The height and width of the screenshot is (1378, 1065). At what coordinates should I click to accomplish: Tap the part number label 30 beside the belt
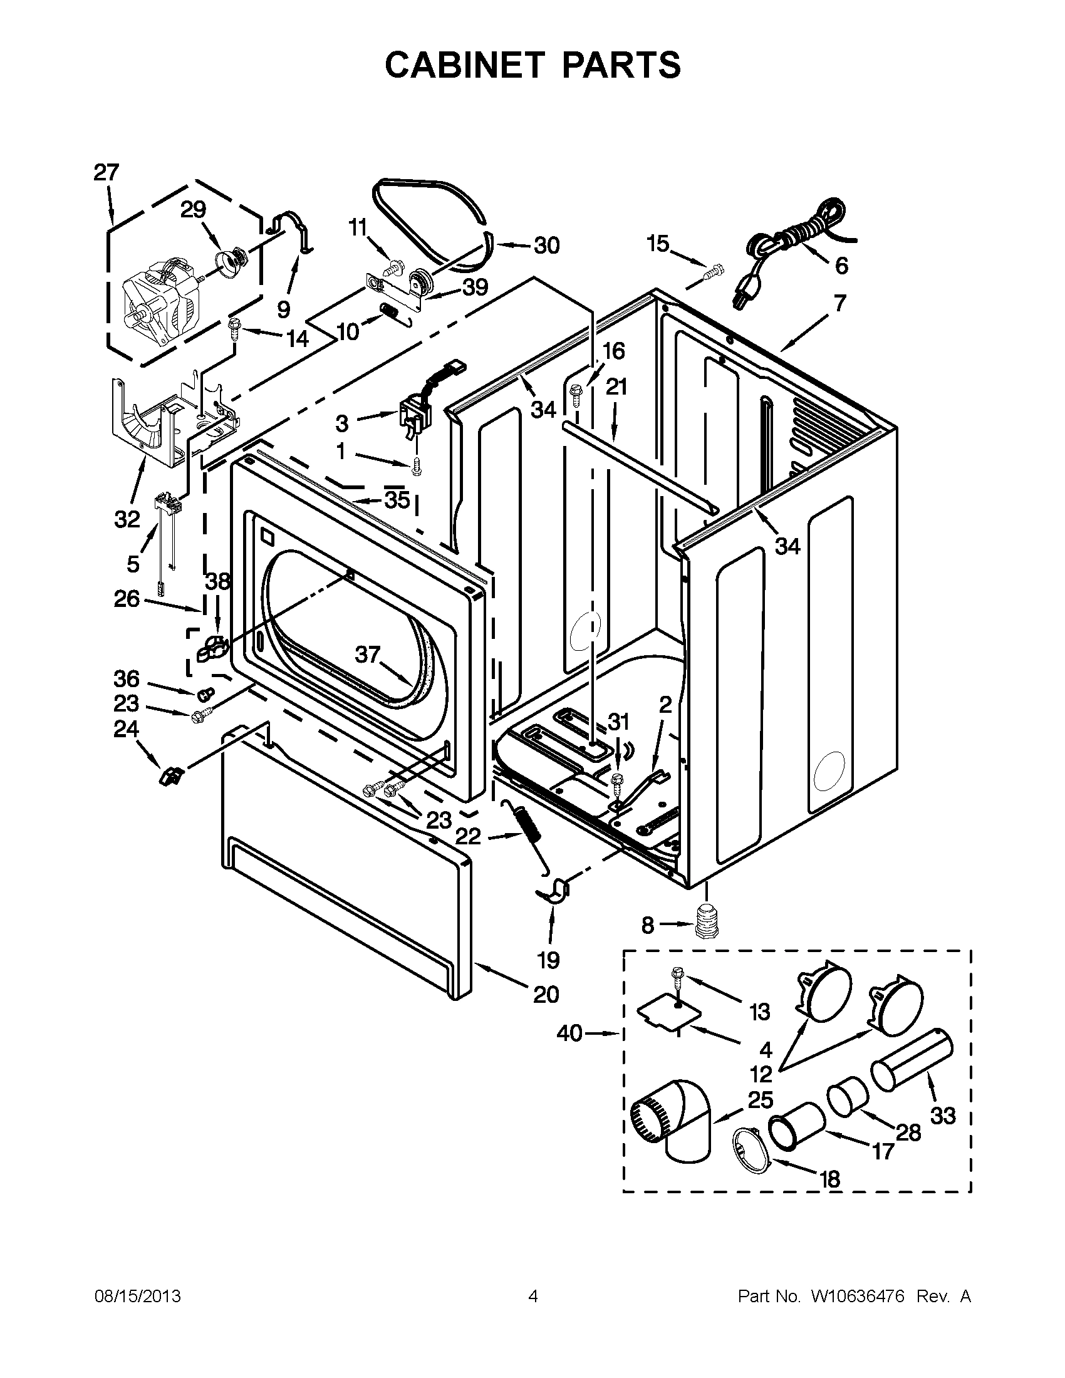coord(546,246)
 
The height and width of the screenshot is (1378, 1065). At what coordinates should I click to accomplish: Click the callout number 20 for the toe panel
coord(546,995)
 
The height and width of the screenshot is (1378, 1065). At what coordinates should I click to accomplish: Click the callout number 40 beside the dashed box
coord(569,1034)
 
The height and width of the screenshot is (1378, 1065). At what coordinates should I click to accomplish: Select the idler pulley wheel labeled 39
coord(419,279)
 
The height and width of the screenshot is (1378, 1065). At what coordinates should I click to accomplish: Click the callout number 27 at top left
coord(106,172)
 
